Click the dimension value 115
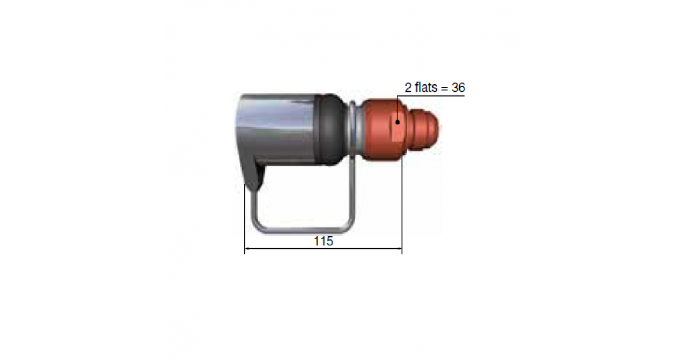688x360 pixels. coord(323,241)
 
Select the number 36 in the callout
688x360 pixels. coord(458,88)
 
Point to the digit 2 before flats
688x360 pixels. coord(408,88)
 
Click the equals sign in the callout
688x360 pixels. coord(444,88)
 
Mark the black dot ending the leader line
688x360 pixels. coord(397,122)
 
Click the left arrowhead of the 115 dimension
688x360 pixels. coord(247,248)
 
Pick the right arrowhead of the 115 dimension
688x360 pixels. coord(399,248)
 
